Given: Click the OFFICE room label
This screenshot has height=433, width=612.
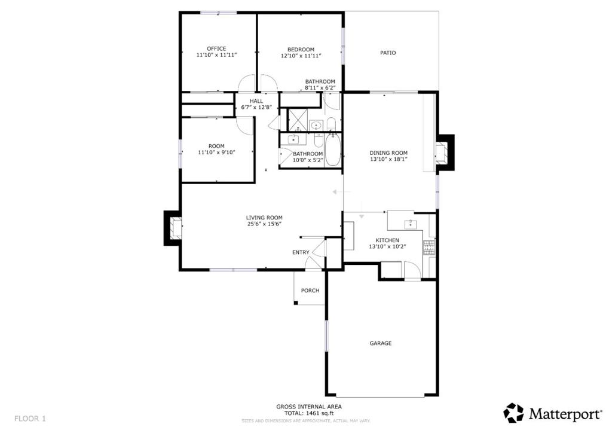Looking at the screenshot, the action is [216, 49].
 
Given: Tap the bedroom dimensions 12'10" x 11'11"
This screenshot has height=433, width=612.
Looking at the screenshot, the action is [301, 56].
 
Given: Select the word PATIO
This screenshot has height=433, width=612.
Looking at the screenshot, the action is [388, 53].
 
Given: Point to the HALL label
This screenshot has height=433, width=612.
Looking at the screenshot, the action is [256, 101].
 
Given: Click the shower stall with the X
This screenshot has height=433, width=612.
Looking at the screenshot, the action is [298, 120].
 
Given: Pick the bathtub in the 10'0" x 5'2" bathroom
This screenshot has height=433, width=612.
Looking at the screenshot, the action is [332, 150].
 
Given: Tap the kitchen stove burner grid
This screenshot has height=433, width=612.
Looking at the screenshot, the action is [429, 248].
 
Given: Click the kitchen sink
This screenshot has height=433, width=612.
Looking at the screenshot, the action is [410, 224].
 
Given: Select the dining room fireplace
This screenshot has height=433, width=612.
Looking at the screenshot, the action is [445, 153].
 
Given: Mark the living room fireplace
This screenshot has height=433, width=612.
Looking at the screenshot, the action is [173, 228].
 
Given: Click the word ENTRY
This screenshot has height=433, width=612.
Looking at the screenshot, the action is [301, 252].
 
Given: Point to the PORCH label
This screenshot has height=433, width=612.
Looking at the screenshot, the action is [310, 291].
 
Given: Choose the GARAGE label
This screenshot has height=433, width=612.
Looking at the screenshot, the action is [381, 343].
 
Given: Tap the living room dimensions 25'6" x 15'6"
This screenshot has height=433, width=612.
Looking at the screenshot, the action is [264, 224].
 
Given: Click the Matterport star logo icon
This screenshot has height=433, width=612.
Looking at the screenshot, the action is [513, 413].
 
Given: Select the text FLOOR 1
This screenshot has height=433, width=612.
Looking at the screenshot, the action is [30, 419].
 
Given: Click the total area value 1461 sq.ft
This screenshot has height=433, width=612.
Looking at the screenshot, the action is [320, 413].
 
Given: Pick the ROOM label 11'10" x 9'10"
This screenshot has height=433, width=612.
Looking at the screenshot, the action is [216, 146].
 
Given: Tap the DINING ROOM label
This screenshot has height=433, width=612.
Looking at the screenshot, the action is [388, 153].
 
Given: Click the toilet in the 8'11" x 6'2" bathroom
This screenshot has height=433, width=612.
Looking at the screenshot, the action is [331, 124].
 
